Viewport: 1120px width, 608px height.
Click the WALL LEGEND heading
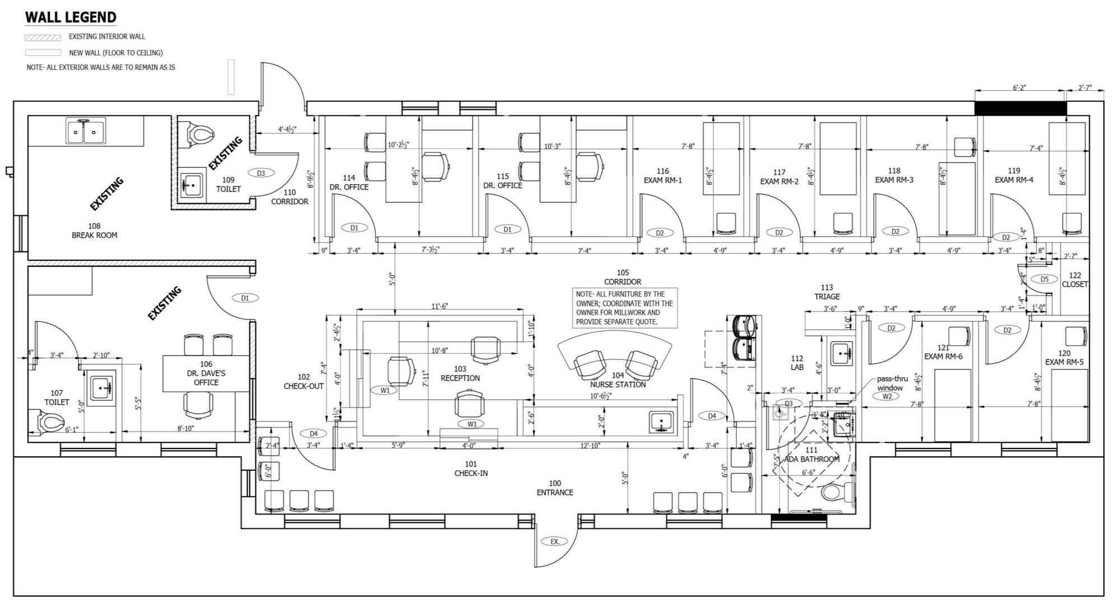(71, 17)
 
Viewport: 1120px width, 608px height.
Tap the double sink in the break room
(85, 132)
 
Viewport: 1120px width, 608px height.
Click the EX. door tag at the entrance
(554, 541)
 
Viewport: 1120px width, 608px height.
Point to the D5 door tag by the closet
(1044, 279)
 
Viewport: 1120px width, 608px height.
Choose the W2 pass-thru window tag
(887, 396)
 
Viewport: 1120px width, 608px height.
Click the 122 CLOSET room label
(1075, 279)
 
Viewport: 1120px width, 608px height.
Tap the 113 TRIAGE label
(827, 292)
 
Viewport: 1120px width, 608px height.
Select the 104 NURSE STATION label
(618, 380)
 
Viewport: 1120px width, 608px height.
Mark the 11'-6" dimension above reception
(440, 306)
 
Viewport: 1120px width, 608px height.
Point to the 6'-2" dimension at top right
(1019, 87)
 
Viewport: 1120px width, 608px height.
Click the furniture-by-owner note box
(625, 308)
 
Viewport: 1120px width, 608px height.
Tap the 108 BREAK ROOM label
(94, 231)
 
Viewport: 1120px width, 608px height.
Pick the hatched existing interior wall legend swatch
(43, 38)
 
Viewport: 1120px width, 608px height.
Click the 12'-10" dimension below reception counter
(590, 446)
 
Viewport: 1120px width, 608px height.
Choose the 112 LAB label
(797, 363)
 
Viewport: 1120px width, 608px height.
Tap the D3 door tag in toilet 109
(260, 173)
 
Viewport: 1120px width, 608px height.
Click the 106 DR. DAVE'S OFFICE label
(206, 373)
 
